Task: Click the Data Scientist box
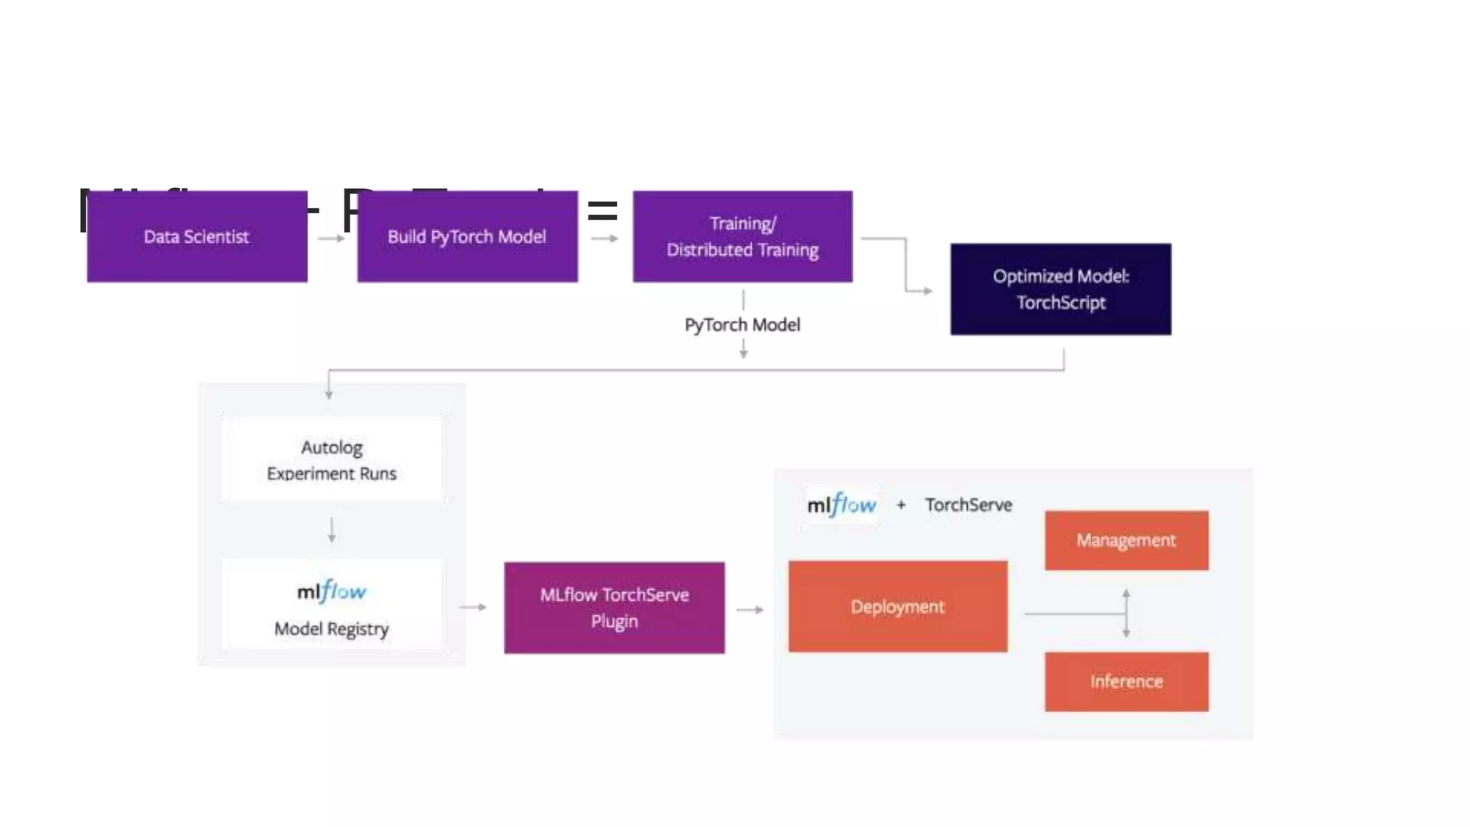click(x=197, y=236)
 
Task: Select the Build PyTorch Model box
click(x=467, y=236)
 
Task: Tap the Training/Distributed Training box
click(x=742, y=236)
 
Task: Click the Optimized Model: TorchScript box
click(x=1060, y=289)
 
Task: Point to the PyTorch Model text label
click(x=742, y=324)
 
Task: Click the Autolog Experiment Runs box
click(x=332, y=459)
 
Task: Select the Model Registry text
click(x=332, y=629)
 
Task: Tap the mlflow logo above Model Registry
click(x=332, y=592)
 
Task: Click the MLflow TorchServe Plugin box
click(x=614, y=607)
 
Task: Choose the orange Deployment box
click(x=897, y=607)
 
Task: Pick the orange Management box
click(x=1126, y=540)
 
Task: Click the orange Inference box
click(x=1126, y=681)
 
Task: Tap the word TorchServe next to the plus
click(x=968, y=505)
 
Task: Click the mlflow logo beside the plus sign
click(x=841, y=505)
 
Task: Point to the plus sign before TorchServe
click(x=901, y=505)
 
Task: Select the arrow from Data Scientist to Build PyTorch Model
click(x=331, y=238)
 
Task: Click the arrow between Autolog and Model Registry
click(x=332, y=530)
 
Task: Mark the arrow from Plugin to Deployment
click(x=750, y=609)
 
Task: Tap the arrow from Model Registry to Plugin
click(x=473, y=607)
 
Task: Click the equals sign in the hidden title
click(x=602, y=211)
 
